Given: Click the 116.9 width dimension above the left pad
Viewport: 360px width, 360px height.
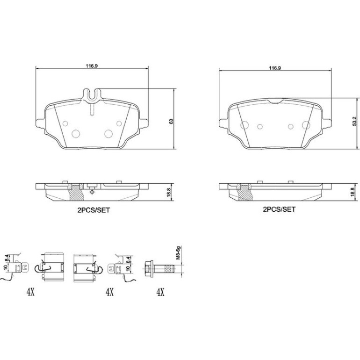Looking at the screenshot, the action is [x=92, y=66].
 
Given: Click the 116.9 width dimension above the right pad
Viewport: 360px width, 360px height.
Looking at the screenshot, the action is [x=275, y=68].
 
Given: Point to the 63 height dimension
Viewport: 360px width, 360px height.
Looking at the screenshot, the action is [x=171, y=122].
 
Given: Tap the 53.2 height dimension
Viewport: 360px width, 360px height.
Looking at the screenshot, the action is [x=354, y=121].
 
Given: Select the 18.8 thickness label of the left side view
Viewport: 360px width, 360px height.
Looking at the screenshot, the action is [x=169, y=193].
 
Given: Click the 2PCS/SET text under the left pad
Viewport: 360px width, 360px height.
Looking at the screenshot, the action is [x=94, y=210].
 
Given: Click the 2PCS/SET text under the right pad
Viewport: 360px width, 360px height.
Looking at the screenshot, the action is [x=279, y=209].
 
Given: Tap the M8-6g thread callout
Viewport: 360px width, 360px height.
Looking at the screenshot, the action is [x=178, y=253].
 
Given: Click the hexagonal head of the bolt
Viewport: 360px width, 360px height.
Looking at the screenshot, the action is [x=149, y=268].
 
